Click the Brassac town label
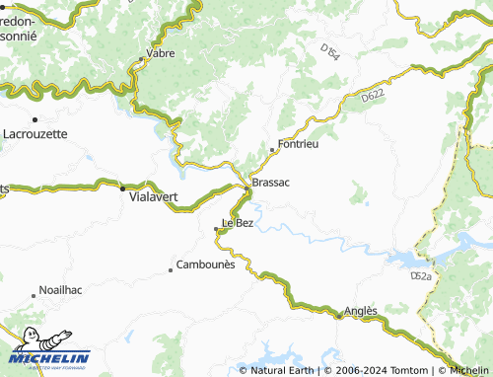270,183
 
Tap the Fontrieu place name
298,144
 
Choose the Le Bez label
238,223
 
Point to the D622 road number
372,96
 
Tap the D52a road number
423,279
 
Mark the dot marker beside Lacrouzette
35,119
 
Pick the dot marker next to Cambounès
173,264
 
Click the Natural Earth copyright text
282,371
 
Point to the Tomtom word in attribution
411,371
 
